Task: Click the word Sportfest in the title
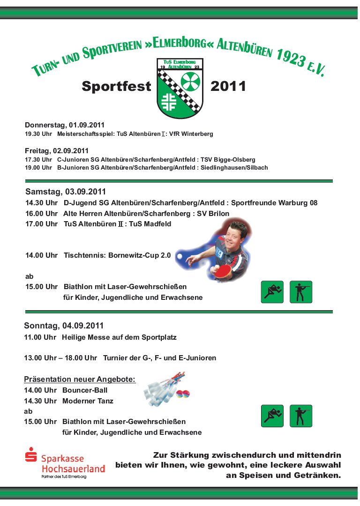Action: (116, 86)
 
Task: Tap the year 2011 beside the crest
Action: (228, 86)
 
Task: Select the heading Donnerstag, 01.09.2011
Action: (65, 125)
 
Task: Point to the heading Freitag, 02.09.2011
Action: (57, 150)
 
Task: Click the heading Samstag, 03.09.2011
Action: (66, 192)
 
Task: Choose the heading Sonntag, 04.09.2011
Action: (64, 326)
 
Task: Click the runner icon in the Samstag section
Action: (272, 292)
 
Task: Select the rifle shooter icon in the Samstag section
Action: (301, 292)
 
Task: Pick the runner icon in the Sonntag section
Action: (272, 416)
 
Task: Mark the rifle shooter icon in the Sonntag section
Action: (301, 416)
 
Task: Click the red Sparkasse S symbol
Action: (31, 455)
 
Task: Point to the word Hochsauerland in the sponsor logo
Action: (73, 468)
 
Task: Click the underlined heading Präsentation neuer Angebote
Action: (80, 379)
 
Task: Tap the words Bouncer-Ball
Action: (85, 390)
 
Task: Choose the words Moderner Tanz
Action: (88, 401)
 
